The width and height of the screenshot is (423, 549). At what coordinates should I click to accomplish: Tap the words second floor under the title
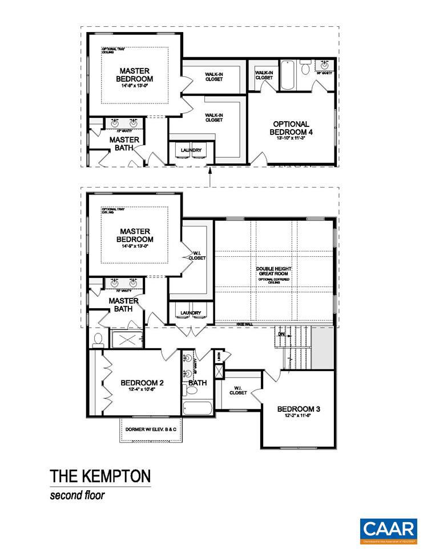(x=77, y=495)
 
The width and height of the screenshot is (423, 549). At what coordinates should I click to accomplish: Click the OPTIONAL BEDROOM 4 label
(x=291, y=128)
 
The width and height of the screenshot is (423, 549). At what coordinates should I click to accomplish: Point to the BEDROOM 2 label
(x=142, y=383)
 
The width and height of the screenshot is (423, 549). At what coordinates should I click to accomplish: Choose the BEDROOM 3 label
(x=299, y=409)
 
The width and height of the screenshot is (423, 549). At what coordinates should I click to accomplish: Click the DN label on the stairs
(x=281, y=333)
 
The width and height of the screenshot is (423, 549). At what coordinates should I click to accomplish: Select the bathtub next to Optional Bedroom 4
(x=287, y=76)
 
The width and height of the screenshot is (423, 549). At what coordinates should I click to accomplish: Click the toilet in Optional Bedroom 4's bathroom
(x=305, y=69)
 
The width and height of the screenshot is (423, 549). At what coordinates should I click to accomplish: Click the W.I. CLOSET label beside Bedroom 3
(x=238, y=391)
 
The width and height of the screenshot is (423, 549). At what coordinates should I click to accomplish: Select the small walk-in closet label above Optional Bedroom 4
(x=264, y=75)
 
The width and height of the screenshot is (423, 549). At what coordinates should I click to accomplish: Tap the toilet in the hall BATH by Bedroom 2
(x=191, y=390)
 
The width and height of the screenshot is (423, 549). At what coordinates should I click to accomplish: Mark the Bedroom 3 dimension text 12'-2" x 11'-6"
(x=299, y=417)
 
